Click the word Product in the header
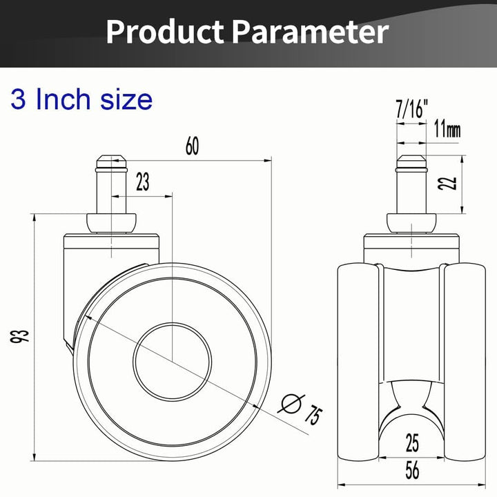[x=165, y=32]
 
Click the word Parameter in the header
[x=309, y=32]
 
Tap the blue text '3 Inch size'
[x=81, y=99]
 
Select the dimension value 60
[x=192, y=146]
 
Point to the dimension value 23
[x=143, y=182]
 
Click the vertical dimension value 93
[x=19, y=336]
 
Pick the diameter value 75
[x=313, y=414]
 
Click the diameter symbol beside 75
[x=291, y=404]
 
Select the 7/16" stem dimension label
[x=411, y=109]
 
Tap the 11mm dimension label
[x=447, y=129]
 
